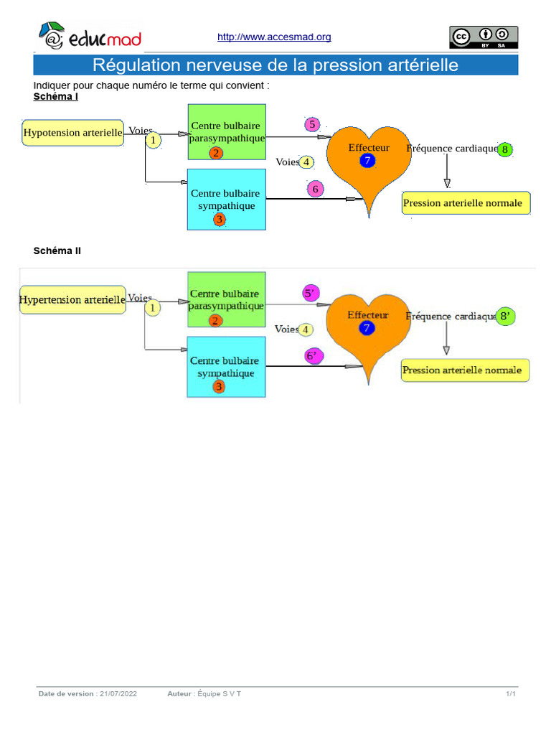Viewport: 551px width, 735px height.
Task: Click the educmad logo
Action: [x=90, y=37]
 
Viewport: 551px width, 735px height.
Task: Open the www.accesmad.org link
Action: [x=274, y=37]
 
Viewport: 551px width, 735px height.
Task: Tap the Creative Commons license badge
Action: [x=484, y=37]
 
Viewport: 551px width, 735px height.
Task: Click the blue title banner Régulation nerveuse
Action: [x=275, y=65]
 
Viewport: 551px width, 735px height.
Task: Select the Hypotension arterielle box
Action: [x=73, y=133]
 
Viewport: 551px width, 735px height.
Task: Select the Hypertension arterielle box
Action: [x=72, y=299]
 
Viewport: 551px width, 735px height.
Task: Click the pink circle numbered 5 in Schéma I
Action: [x=311, y=124]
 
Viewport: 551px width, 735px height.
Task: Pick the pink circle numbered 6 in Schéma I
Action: [x=315, y=189]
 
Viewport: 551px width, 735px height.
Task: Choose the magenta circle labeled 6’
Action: [x=314, y=356]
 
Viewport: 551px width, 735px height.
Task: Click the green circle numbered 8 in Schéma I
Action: [x=505, y=150]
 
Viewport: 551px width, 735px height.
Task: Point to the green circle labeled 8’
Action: [x=506, y=317]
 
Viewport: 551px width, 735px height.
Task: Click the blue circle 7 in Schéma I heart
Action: [x=367, y=161]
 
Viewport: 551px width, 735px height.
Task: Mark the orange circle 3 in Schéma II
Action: [x=219, y=387]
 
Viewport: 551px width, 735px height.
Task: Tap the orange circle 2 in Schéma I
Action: [x=216, y=153]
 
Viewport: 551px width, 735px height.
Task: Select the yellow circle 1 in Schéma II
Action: [x=152, y=309]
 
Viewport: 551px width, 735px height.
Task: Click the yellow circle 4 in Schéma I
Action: [x=306, y=162]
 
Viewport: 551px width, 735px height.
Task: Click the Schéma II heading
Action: [x=57, y=251]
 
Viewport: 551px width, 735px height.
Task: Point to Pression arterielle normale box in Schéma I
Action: [x=466, y=203]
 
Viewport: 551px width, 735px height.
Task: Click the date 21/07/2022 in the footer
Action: [x=118, y=694]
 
